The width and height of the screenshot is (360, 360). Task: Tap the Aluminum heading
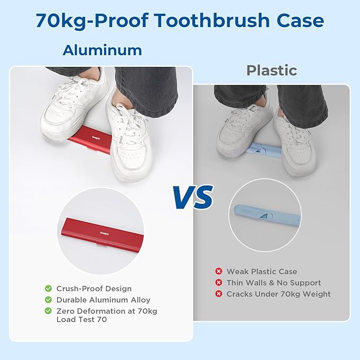[x=102, y=50]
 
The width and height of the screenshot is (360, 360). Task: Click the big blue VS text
[x=192, y=197]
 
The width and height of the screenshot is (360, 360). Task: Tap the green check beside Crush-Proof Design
[x=48, y=289]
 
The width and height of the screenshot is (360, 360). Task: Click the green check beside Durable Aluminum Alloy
[x=48, y=300]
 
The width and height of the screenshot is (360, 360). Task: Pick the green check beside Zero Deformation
[x=48, y=311]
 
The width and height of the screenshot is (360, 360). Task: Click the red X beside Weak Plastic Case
[x=218, y=271]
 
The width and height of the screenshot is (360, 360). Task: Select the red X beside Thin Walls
[x=218, y=283]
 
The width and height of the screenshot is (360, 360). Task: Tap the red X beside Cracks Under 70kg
[x=218, y=294]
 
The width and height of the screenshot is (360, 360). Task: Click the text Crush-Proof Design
[x=94, y=289]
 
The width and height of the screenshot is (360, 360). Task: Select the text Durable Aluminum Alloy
[x=103, y=300]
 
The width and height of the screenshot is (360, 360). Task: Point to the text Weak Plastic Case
[x=262, y=271]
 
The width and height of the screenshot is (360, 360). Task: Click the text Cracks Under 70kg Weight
[x=278, y=294]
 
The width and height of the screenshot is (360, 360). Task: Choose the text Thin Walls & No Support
[x=274, y=283]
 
